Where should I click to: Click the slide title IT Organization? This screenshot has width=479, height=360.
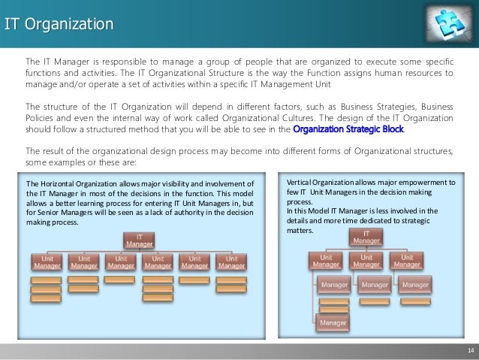(x=59, y=25)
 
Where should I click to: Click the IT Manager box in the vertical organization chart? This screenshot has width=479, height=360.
(x=366, y=237)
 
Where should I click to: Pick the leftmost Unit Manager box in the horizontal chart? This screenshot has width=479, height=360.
(x=46, y=262)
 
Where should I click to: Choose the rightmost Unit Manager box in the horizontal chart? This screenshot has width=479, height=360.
(x=230, y=262)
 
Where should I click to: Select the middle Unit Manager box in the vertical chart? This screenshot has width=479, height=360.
(x=366, y=261)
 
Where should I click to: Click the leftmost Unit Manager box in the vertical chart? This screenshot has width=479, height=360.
(x=326, y=261)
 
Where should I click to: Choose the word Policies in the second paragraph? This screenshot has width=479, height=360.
(x=43, y=117)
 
